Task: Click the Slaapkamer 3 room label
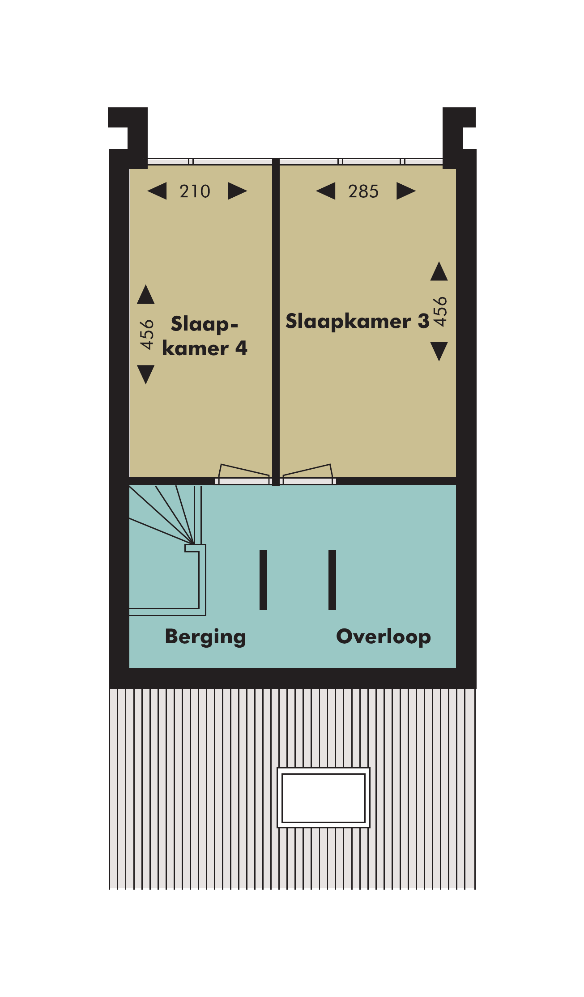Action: (x=358, y=321)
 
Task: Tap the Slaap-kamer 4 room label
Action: (x=205, y=336)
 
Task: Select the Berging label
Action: (x=205, y=637)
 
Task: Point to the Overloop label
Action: (x=384, y=636)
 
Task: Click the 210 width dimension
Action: (x=195, y=191)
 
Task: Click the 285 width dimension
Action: (x=363, y=191)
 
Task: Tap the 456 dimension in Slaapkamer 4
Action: (x=146, y=334)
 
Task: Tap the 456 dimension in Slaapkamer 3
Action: (x=440, y=311)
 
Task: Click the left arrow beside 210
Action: (x=157, y=191)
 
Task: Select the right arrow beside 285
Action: (x=406, y=191)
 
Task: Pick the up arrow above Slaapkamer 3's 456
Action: (x=439, y=271)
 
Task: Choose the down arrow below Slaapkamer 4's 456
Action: (x=146, y=374)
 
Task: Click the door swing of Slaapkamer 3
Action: (x=308, y=472)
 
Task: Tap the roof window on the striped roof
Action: (x=324, y=798)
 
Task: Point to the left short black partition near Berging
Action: (x=263, y=580)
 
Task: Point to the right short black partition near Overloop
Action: (x=332, y=580)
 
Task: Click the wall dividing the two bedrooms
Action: (x=276, y=322)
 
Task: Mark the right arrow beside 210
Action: (x=238, y=191)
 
